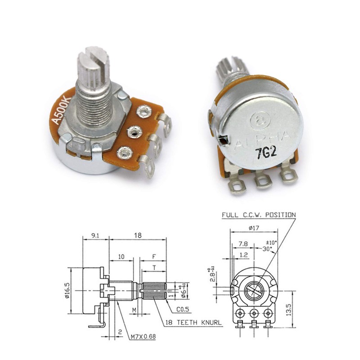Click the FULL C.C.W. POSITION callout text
coord(258,215)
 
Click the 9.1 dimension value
coord(95,234)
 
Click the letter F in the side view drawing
coord(154,256)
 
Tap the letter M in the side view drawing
coord(134,310)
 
